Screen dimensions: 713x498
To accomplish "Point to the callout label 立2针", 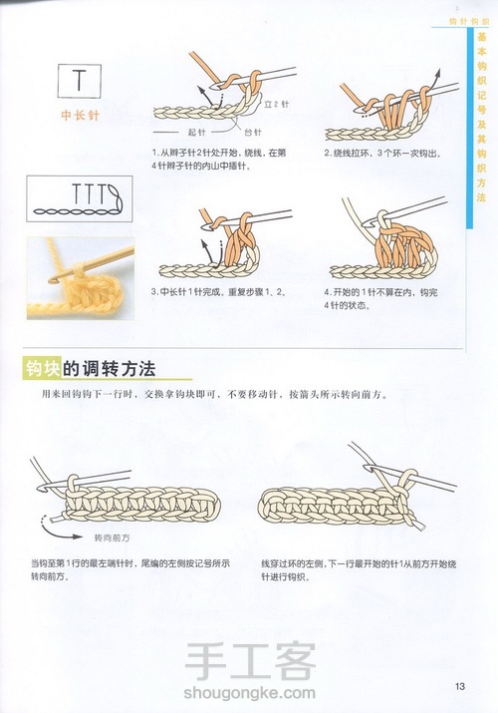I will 276,103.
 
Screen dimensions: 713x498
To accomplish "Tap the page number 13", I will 460,684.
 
